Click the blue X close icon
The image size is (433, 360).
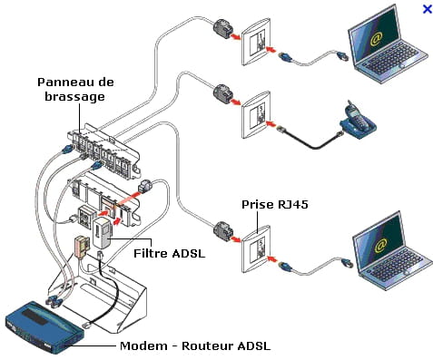click(427, 9)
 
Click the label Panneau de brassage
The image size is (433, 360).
click(75, 90)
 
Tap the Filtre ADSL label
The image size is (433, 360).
click(170, 253)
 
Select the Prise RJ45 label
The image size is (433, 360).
click(275, 205)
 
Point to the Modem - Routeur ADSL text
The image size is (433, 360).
click(195, 345)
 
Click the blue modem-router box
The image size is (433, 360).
click(44, 327)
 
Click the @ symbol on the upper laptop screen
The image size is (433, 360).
click(377, 39)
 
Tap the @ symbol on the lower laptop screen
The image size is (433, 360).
click(381, 246)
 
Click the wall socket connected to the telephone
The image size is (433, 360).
click(256, 115)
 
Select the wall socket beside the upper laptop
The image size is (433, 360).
click(256, 42)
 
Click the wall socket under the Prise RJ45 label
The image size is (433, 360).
click(256, 248)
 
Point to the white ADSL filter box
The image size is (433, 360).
click(103, 233)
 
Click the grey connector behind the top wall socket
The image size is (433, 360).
click(223, 29)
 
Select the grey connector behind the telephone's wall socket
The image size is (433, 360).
click(223, 94)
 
